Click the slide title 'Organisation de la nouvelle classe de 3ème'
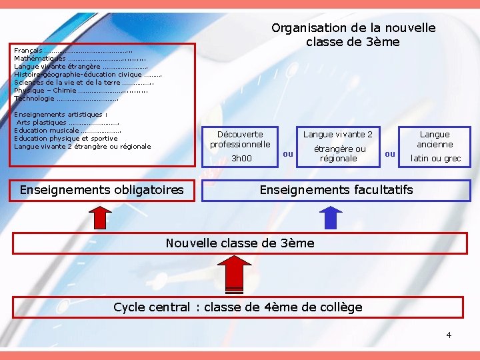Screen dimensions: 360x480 tap(353, 35)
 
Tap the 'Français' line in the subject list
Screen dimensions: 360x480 tap(28, 51)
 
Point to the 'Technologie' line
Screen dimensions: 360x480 tap(35, 99)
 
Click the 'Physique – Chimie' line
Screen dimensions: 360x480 tap(45, 91)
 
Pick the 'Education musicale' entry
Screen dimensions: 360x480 tap(47, 131)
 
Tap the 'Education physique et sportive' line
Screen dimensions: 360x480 tap(65, 139)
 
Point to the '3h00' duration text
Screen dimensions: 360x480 tap(241, 159)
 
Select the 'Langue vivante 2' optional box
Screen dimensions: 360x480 tap(338, 135)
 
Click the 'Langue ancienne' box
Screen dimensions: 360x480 tap(435, 139)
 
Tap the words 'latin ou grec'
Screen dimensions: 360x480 tap(435, 159)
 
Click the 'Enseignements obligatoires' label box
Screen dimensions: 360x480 tap(102, 190)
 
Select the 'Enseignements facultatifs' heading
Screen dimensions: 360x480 tap(336, 190)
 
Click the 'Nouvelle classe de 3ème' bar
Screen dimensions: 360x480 tap(239, 243)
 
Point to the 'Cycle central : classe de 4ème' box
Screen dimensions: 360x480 tap(238, 307)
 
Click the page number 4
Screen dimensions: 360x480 tap(449, 335)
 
